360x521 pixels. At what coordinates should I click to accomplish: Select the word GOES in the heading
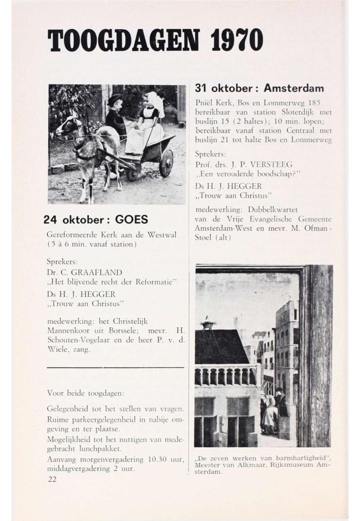point(131,219)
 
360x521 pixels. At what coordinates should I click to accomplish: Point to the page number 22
point(52,479)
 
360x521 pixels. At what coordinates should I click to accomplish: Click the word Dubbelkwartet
point(277,210)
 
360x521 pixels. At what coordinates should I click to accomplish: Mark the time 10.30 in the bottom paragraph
point(142,460)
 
